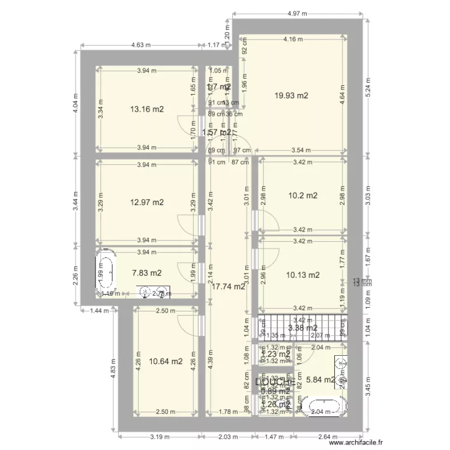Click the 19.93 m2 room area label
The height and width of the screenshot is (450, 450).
(292, 95)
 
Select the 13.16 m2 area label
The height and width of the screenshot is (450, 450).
(147, 109)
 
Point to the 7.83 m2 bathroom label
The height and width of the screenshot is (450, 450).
(147, 273)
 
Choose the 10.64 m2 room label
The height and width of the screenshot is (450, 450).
(166, 361)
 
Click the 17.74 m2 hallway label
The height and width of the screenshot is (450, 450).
(229, 287)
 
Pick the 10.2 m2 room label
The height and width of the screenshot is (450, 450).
(302, 196)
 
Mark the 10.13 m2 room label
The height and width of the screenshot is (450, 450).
(302, 275)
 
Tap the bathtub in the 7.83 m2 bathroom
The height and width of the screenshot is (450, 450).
(107, 273)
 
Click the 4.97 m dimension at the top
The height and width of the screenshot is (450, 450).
(298, 13)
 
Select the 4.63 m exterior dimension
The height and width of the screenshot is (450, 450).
(140, 45)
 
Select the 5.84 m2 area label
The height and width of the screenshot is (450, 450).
(321, 380)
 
